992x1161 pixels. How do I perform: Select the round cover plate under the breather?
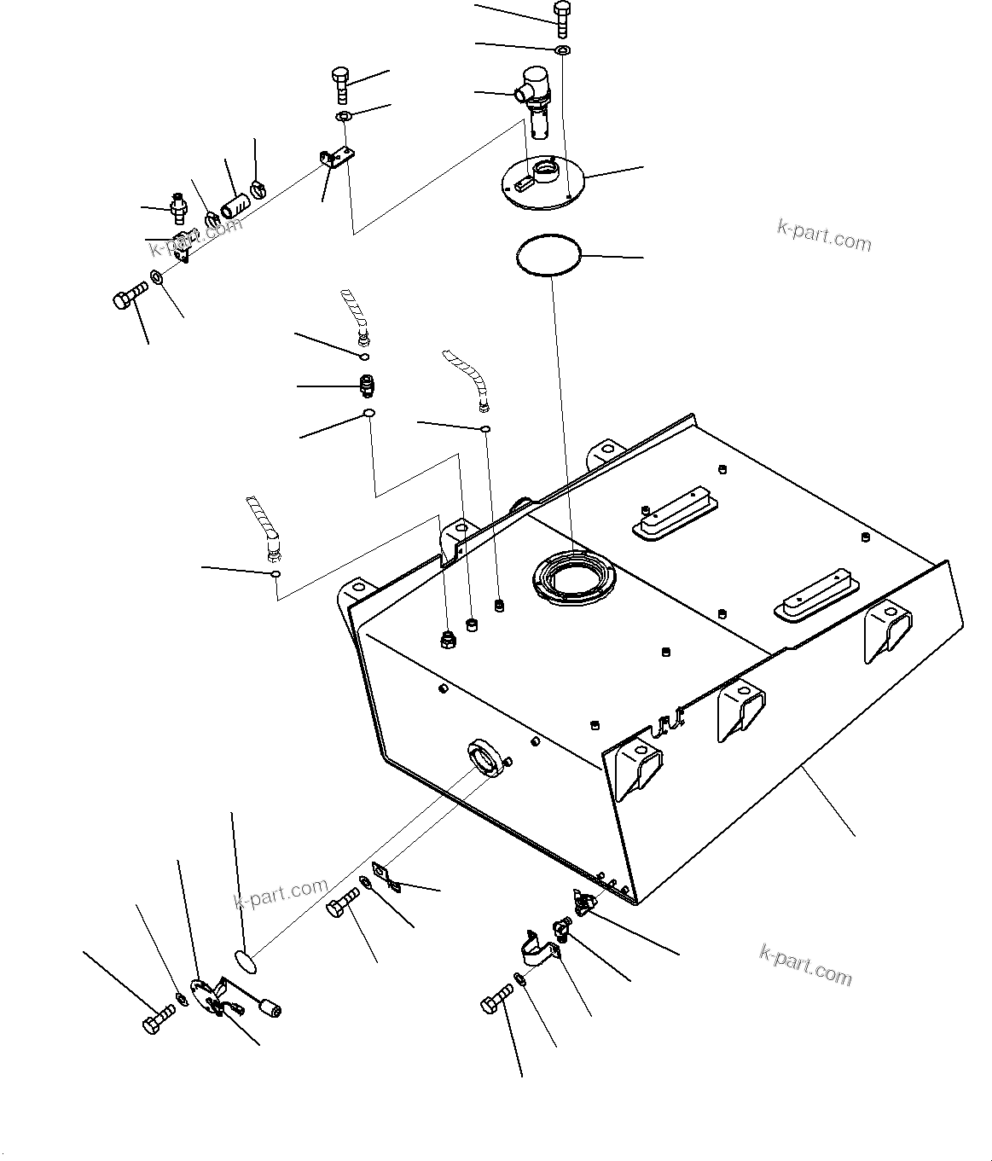pos(542,183)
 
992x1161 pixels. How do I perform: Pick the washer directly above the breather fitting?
pos(563,51)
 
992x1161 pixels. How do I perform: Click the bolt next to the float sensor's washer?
pos(158,1019)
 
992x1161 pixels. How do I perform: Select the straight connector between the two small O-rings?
pos(367,386)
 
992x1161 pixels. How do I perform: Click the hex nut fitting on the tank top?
pos(446,639)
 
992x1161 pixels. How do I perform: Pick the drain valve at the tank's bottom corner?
pos(583,901)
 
